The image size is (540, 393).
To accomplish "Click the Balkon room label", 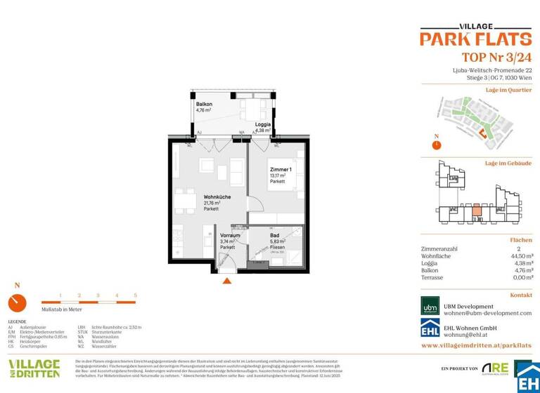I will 204,104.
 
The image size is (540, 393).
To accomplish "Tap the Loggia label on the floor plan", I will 263,124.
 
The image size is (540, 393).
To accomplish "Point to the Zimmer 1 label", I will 280,171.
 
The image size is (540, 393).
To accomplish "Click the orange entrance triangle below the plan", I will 226,281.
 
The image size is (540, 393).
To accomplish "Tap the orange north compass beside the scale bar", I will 18,303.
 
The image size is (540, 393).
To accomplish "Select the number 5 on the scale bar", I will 135,295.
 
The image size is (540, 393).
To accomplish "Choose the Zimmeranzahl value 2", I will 529,249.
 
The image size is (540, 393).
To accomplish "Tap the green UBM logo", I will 430,305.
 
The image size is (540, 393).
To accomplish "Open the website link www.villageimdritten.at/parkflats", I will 476,346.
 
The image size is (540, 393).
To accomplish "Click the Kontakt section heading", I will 520,295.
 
